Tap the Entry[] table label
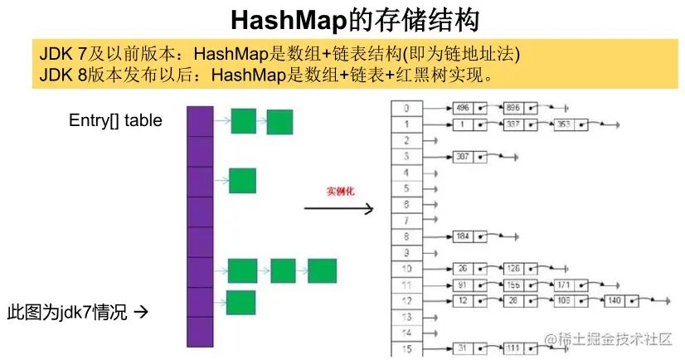[115, 120]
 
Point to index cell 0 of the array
[406, 108]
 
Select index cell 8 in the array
[406, 236]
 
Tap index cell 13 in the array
[406, 316]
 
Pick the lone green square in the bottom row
[240, 303]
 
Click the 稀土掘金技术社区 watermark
[614, 338]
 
